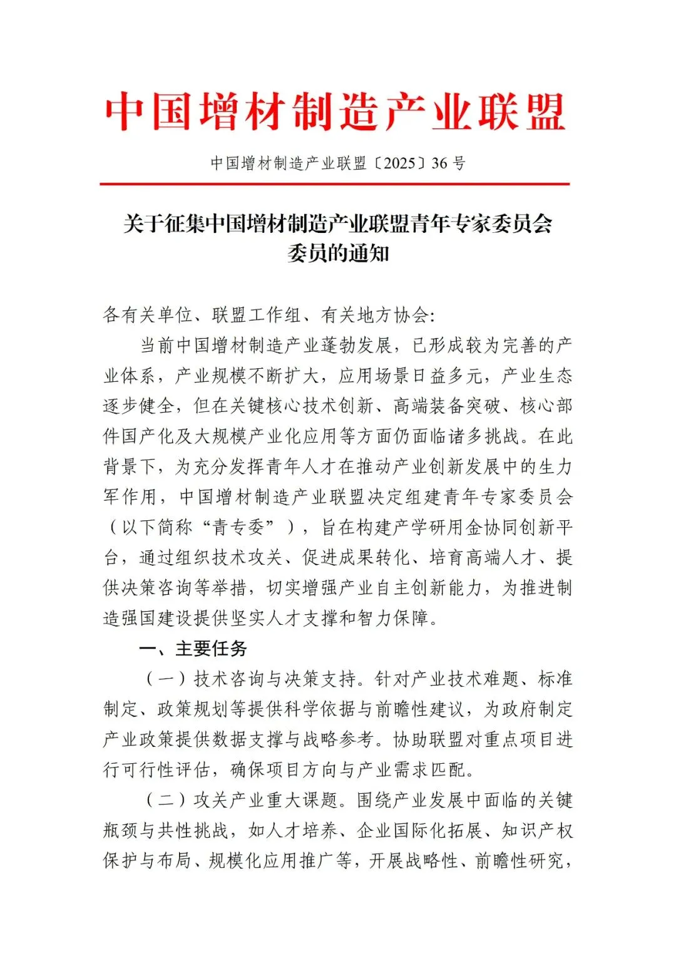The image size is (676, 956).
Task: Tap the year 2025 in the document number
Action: pos(399,163)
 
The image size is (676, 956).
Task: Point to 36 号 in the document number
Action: pos(448,163)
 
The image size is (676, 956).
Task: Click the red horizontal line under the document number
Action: pos(335,184)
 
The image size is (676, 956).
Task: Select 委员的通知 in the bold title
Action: pos(338,254)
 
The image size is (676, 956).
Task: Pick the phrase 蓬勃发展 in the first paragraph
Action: pos(356,346)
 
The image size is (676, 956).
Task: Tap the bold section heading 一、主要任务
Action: pos(193,649)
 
